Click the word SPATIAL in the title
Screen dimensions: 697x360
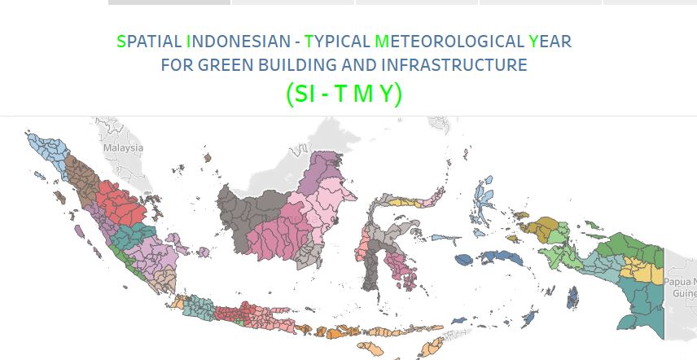pyautogui.click(x=149, y=42)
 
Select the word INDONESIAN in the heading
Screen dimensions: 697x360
pyautogui.click(x=239, y=42)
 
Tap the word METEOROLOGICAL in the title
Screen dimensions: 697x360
pyautogui.click(x=449, y=42)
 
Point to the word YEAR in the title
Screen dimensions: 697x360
pyautogui.click(x=550, y=42)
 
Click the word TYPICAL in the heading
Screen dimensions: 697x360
pyautogui.click(x=337, y=42)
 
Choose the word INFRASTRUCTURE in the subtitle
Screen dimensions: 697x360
pyautogui.click(x=454, y=65)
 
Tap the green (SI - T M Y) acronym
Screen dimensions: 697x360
pyautogui.click(x=344, y=94)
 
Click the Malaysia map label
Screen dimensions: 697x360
pyautogui.click(x=123, y=147)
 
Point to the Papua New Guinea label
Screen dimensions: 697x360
pyautogui.click(x=680, y=288)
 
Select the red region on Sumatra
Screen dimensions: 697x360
pyautogui.click(x=120, y=204)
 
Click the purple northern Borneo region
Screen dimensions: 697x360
pyautogui.click(x=321, y=171)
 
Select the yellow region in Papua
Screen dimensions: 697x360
pyautogui.click(x=642, y=270)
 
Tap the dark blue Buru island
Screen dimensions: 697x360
pyautogui.click(x=464, y=260)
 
